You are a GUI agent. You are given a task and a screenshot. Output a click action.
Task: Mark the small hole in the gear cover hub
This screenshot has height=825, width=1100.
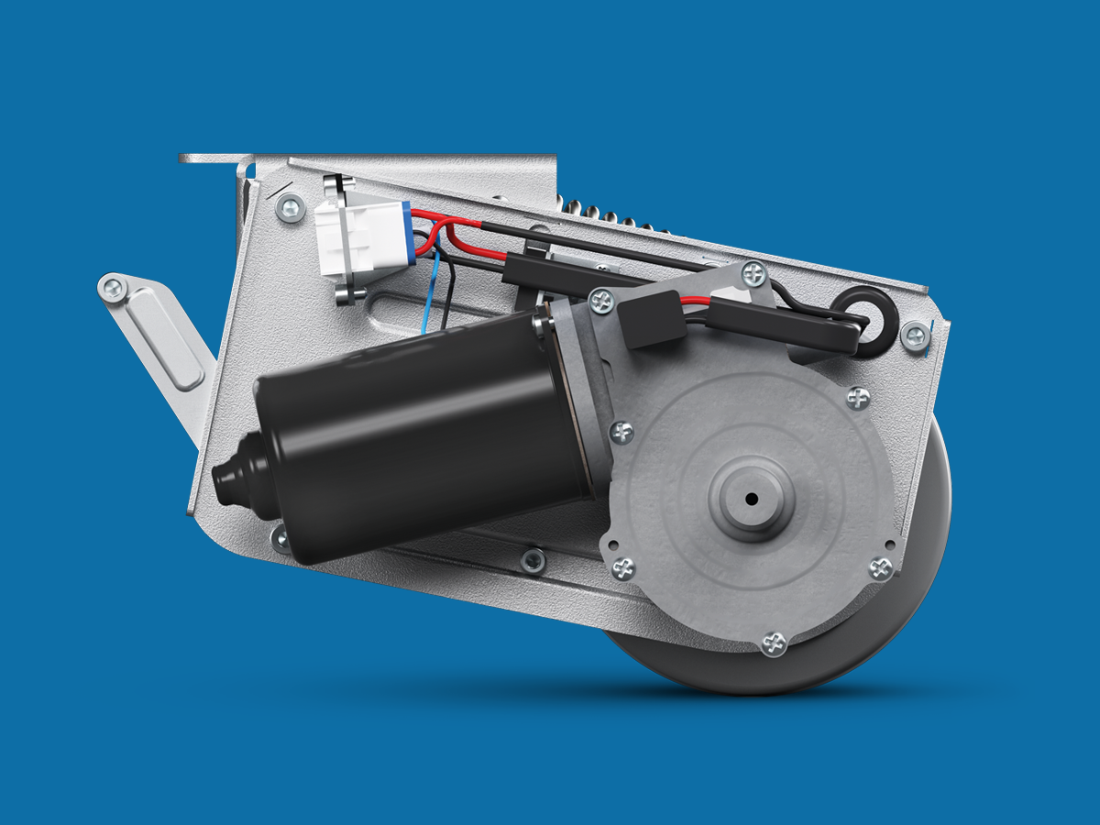coord(751,499)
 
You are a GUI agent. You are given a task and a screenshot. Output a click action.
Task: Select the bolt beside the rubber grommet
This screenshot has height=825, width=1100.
coord(914,335)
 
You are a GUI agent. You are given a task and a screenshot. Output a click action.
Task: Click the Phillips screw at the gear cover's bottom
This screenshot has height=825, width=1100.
coord(775,643)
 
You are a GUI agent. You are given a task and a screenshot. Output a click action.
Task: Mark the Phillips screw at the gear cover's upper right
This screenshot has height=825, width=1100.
coord(858,398)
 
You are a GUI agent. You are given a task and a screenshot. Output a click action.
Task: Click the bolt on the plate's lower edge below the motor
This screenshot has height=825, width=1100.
coord(533,558)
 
